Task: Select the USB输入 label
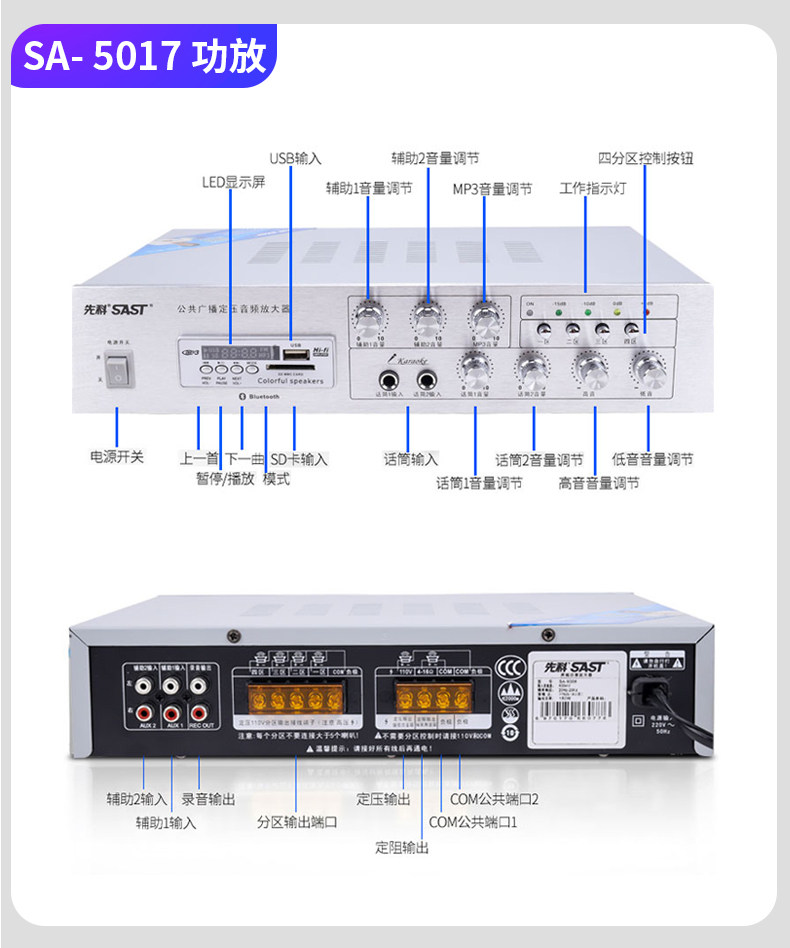(x=295, y=158)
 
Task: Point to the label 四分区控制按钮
(x=645, y=158)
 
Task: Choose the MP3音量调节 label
(x=492, y=188)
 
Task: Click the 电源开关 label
(x=117, y=457)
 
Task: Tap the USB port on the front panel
(x=294, y=353)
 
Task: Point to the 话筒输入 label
(x=411, y=459)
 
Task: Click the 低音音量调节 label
(x=652, y=459)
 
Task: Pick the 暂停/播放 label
(x=225, y=479)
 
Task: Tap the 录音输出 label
(x=208, y=799)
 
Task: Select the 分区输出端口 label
(x=297, y=822)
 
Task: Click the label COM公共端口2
(x=494, y=799)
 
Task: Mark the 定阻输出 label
(x=402, y=847)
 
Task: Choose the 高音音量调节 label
(x=598, y=483)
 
